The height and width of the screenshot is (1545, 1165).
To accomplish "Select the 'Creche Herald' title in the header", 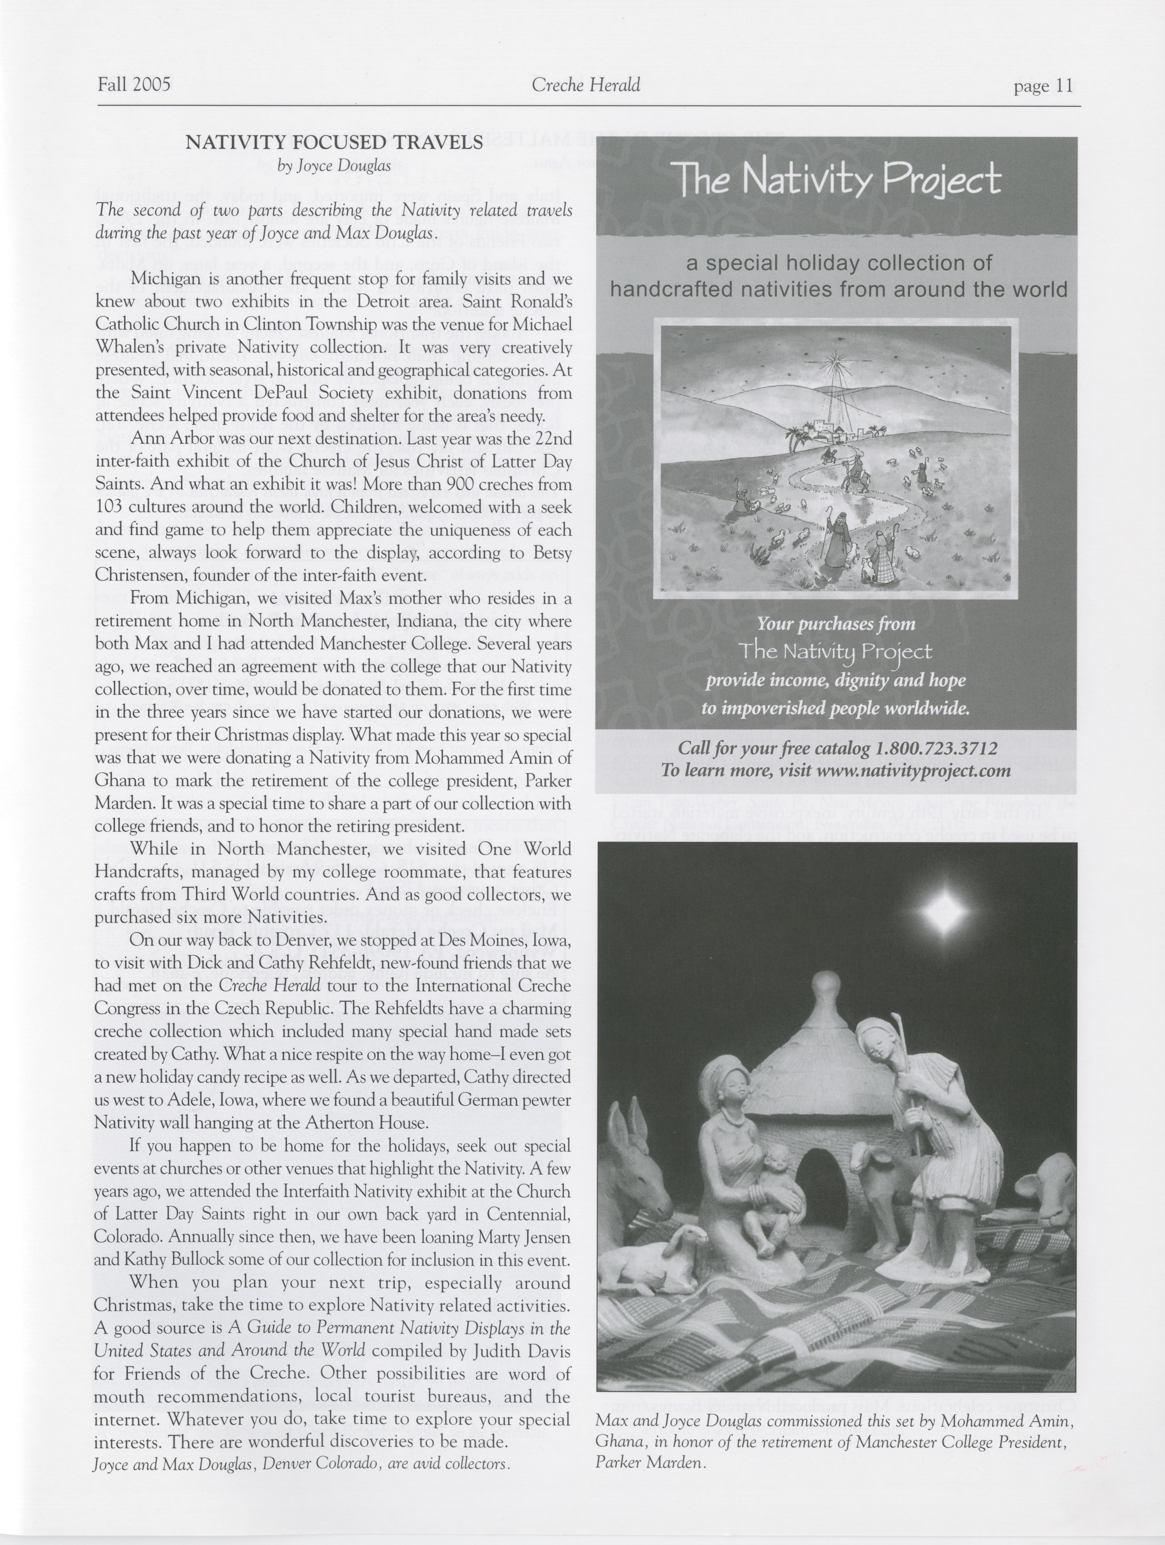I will click(x=586, y=85).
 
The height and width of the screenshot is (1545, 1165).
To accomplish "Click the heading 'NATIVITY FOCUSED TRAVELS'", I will click(x=334, y=142).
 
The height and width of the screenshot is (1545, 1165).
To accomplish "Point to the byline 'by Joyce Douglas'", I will click(x=334, y=166).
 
